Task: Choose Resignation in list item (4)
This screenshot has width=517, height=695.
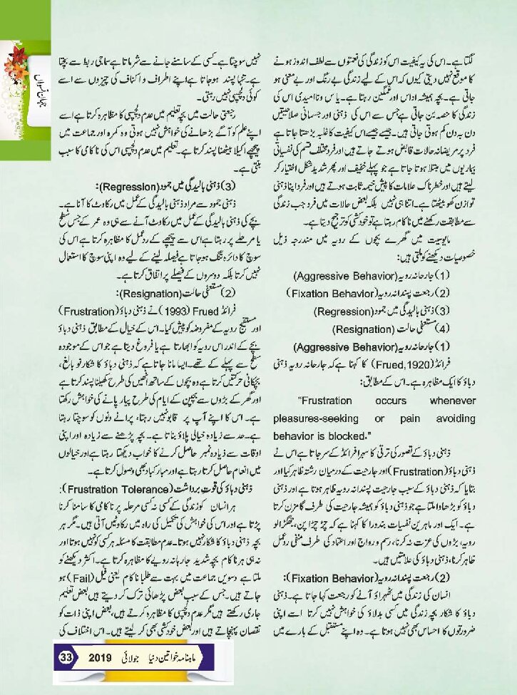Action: pyautogui.click(x=350, y=329)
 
